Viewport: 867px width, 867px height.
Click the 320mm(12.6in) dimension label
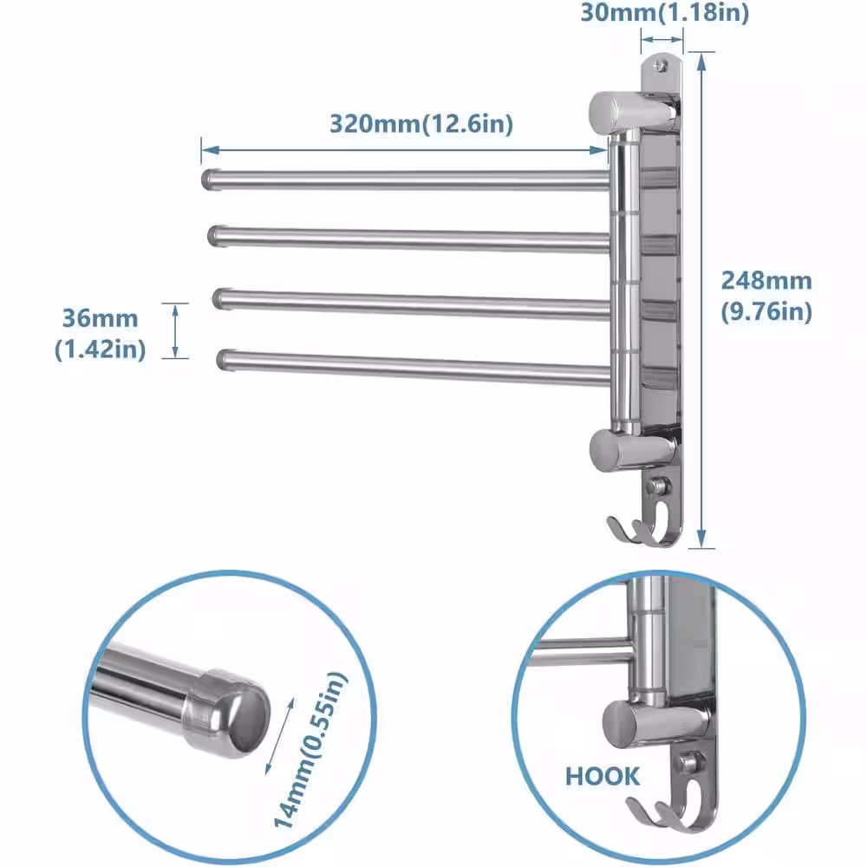421,123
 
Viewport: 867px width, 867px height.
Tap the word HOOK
603,776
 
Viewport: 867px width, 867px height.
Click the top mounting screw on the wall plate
661,64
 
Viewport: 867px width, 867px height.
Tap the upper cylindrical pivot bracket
631,111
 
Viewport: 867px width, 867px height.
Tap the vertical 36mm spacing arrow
175,330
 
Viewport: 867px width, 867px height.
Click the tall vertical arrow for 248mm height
703,299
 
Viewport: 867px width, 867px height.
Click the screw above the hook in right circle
690,763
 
